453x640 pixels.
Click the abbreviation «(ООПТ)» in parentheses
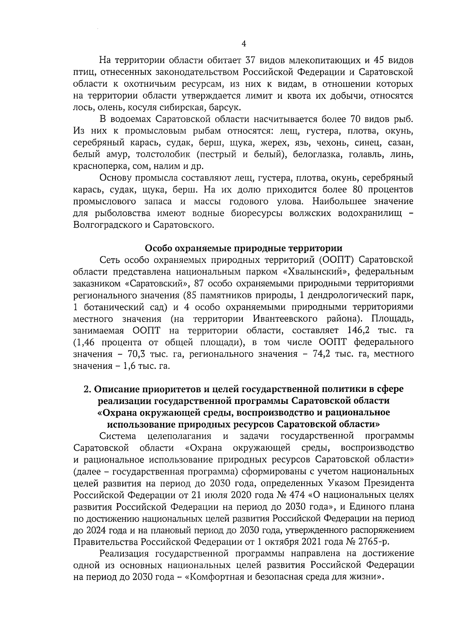pyautogui.click(x=336, y=260)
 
